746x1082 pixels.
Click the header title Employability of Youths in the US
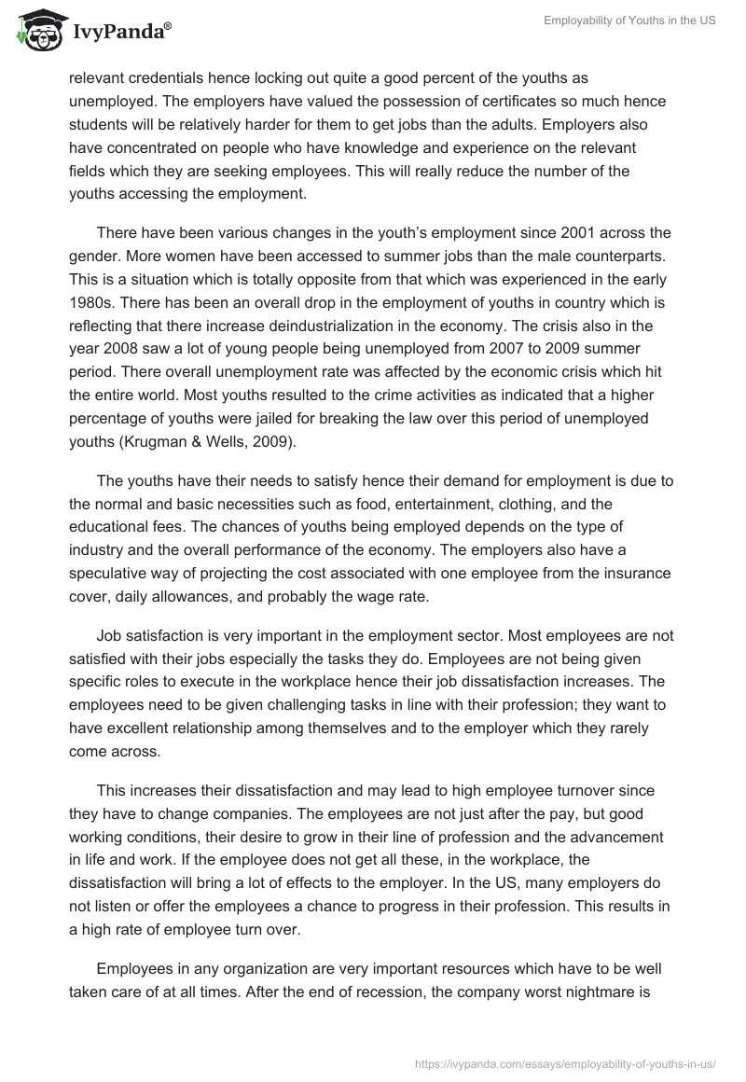(x=630, y=21)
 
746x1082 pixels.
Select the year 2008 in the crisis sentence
(x=104, y=367)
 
